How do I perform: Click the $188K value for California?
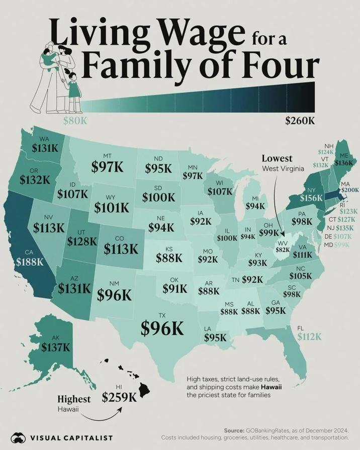pos(29,262)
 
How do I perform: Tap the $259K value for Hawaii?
pos(119,397)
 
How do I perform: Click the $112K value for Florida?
pos(309,337)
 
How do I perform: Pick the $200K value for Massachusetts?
pos(349,190)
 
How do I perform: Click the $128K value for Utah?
pos(81,241)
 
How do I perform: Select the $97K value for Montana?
pos(107,167)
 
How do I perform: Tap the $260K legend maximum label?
pos(300,121)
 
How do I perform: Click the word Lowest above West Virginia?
pos(277,158)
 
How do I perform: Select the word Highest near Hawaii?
pos(74,399)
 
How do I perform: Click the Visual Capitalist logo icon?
pos(19,438)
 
